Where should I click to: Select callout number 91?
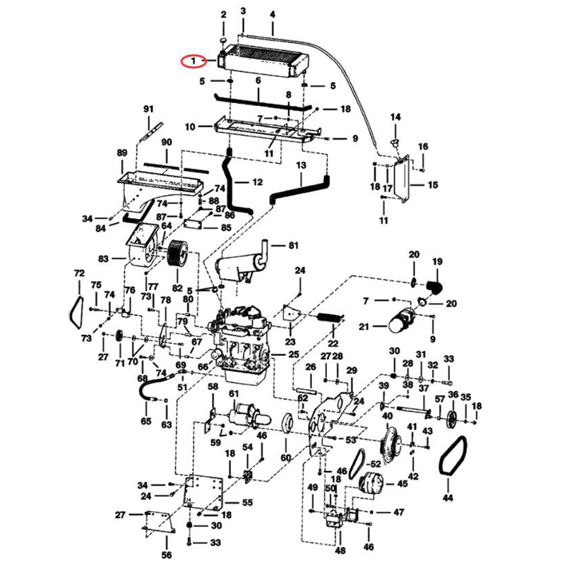[148, 109]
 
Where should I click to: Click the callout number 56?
[167, 555]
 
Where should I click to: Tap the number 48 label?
[340, 551]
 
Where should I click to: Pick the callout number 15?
[433, 185]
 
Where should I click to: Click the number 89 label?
[121, 153]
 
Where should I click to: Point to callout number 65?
[146, 422]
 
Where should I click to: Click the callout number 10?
[189, 127]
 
